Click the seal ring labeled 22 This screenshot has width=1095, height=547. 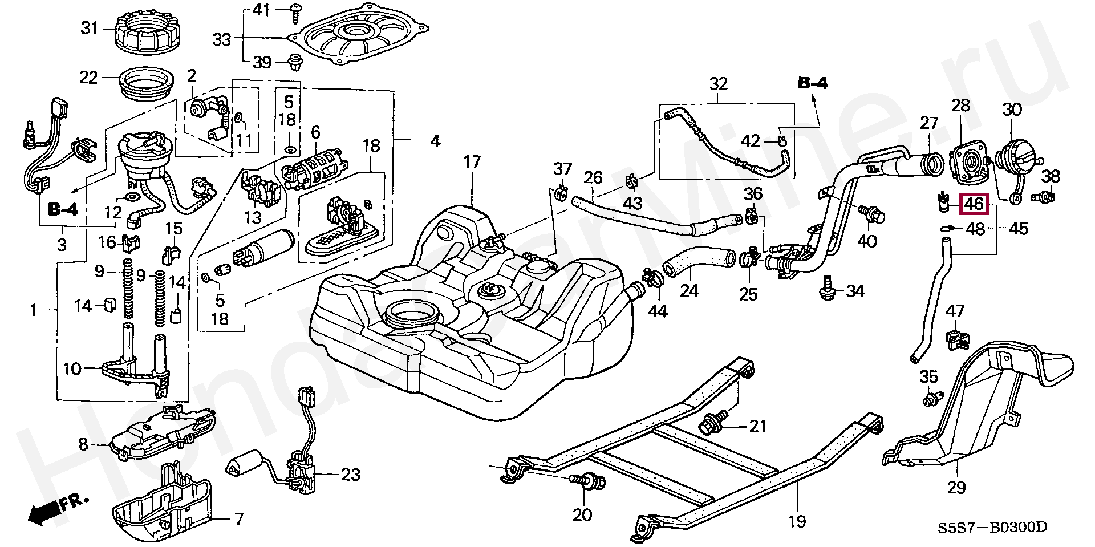(147, 85)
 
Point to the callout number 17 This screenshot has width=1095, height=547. (472, 163)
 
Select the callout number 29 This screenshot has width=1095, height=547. (956, 488)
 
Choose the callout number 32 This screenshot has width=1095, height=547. (718, 84)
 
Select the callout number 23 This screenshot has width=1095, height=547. (350, 474)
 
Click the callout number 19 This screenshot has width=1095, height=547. (797, 520)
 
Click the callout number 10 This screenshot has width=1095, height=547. (72, 369)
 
